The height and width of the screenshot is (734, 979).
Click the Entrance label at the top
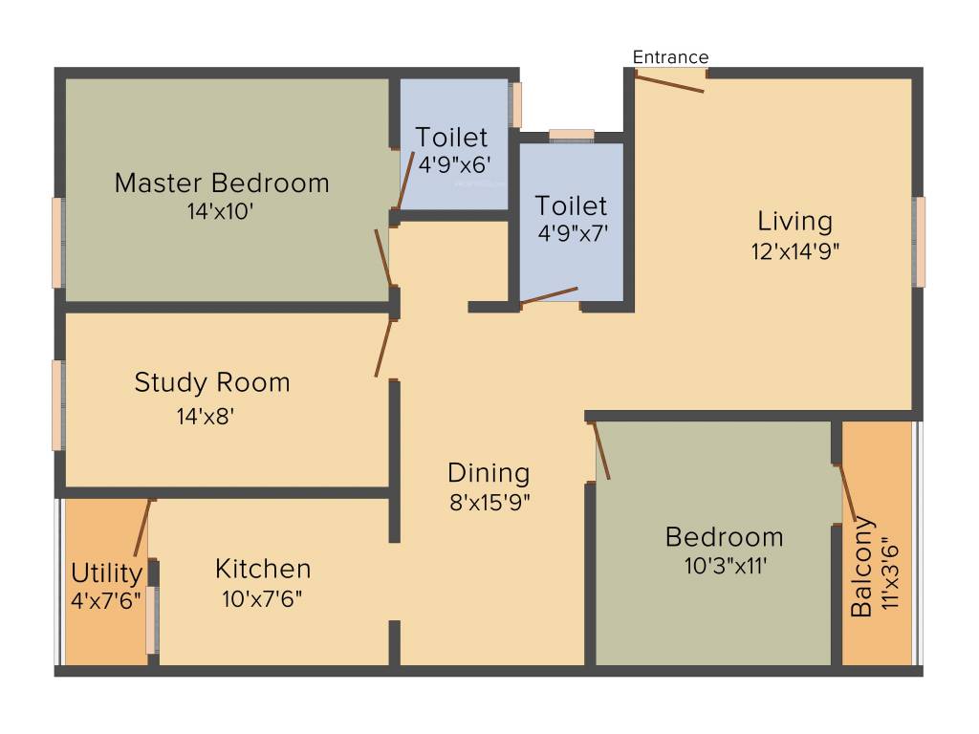670,57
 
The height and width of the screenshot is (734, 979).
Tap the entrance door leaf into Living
670,84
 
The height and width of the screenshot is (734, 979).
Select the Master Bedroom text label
222,183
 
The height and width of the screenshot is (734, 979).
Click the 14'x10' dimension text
221,211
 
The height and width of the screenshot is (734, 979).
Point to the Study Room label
212,383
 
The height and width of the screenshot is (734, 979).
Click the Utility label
107,574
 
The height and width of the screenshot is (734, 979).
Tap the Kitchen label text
263,570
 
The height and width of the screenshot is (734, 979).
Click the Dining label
489,473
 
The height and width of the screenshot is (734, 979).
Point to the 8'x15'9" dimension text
489,502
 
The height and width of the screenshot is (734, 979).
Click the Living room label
794,222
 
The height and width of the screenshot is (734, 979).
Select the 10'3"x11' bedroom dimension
725,566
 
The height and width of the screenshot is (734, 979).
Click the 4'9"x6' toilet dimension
455,163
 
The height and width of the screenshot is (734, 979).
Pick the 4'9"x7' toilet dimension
572,232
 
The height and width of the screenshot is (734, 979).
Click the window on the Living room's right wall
919,241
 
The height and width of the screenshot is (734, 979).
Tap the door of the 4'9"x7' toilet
550,296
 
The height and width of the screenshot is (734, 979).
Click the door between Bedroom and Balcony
846,494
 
